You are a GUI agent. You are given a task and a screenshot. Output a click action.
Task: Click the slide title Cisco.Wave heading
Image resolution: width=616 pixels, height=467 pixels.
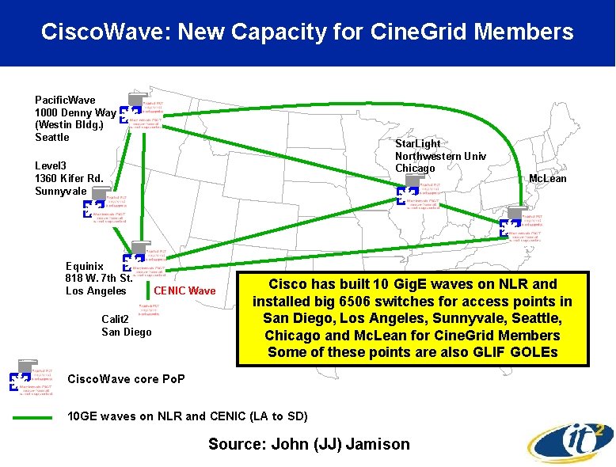pos(307,32)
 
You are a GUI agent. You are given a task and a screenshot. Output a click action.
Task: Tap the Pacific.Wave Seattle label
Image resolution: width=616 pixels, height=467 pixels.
pos(75,119)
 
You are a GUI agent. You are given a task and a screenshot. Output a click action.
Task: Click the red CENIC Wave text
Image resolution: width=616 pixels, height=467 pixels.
pos(184,291)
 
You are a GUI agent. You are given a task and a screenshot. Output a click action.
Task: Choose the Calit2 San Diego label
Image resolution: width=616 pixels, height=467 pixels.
pos(126,325)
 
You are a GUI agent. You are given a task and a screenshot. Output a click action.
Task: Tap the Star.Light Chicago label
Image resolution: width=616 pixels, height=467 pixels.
pos(440,156)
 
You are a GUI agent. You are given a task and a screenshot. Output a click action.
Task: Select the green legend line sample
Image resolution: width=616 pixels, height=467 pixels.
pos(32,417)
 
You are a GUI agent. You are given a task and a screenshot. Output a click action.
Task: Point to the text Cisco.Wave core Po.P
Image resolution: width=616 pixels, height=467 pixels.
pos(127,379)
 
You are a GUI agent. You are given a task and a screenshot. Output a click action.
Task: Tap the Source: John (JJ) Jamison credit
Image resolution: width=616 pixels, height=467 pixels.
pos(309,444)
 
